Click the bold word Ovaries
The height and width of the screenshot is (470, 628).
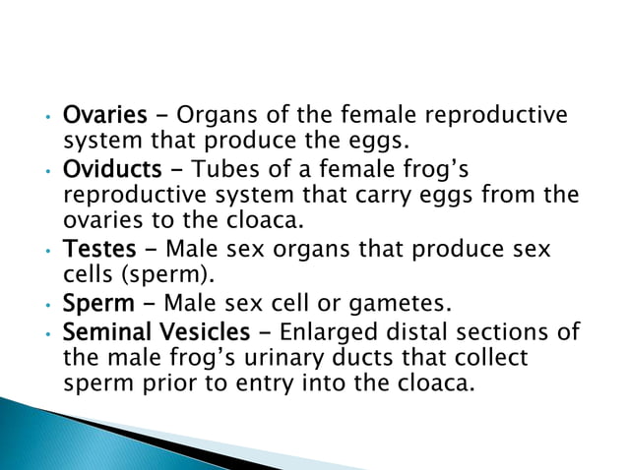(98, 115)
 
